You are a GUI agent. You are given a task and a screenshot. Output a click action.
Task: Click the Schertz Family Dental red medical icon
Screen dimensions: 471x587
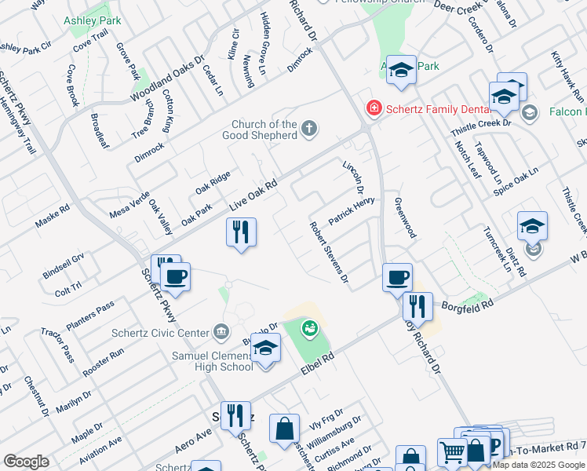(x=374, y=108)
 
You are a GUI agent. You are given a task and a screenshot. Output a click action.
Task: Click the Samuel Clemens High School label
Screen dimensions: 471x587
(x=212, y=361)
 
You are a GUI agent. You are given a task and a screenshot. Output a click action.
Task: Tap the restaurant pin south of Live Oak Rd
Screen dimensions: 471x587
(x=242, y=233)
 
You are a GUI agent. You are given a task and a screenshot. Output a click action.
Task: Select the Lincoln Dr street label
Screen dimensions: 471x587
(x=354, y=178)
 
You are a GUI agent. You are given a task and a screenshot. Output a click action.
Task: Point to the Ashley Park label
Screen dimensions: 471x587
(x=93, y=20)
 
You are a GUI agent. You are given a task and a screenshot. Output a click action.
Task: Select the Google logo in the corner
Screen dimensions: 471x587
(x=26, y=462)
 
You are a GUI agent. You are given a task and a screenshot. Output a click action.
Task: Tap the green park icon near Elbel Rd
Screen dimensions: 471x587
(x=311, y=327)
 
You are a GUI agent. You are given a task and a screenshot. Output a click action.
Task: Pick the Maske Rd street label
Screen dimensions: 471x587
(x=53, y=217)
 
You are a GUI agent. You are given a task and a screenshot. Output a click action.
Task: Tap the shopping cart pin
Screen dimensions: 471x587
(x=453, y=453)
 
